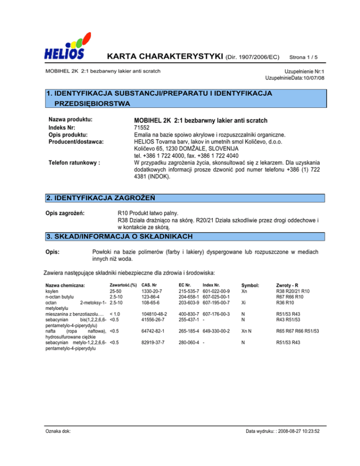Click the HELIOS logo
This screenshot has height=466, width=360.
(x=65, y=46)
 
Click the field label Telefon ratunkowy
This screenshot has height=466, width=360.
(x=75, y=163)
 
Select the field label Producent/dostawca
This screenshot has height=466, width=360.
(x=76, y=141)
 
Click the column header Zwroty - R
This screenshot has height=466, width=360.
(x=291, y=285)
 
